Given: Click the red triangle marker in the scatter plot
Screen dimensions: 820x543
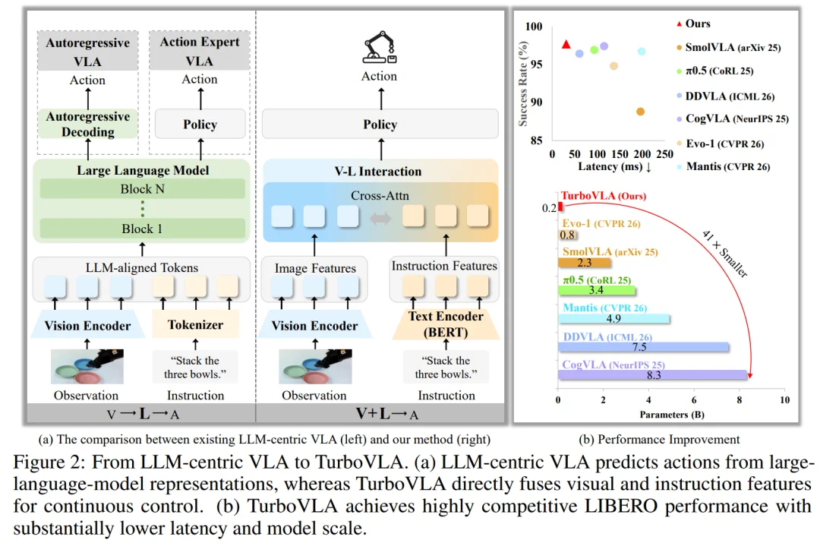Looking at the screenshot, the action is tap(566, 45).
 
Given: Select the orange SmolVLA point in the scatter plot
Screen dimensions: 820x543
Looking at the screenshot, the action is tap(640, 112).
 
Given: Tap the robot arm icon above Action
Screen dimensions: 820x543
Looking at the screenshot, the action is tap(380, 48).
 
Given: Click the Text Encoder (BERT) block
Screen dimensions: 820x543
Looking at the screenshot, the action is tap(446, 324).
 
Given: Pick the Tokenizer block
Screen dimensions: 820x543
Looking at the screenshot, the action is tap(196, 324).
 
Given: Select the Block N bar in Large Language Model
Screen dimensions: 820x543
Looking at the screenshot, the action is tap(142, 189).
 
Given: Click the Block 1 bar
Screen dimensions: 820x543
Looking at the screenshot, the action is tap(142, 229).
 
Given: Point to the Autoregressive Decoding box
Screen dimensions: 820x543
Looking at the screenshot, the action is tap(88, 124).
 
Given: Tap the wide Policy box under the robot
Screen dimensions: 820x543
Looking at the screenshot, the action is tap(380, 124).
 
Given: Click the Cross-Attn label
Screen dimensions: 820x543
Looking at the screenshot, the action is tap(380, 196).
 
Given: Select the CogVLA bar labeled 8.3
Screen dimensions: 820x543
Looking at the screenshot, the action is tap(652, 375).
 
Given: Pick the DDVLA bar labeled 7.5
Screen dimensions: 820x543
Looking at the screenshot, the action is tap(643, 347).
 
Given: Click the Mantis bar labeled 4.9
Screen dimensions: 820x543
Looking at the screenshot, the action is tap(614, 318).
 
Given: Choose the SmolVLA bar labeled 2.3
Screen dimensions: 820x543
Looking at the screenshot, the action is tap(585, 263).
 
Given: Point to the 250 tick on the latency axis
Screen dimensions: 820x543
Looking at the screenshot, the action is tap(664, 154).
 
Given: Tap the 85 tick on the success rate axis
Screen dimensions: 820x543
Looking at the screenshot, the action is tap(536, 140).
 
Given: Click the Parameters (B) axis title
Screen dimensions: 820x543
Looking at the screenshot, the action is tap(672, 415).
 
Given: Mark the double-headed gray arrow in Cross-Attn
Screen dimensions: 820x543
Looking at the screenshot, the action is tap(380, 218).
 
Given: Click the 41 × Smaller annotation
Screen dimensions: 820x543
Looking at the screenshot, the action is tap(725, 254).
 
